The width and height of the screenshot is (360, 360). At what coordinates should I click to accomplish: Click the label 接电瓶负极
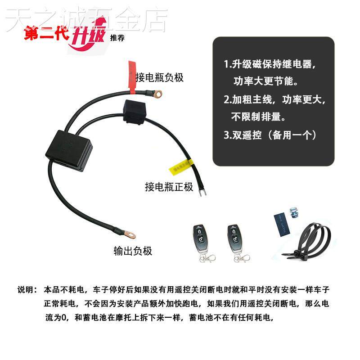coord(160,77)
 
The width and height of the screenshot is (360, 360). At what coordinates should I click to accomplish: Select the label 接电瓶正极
coord(169,187)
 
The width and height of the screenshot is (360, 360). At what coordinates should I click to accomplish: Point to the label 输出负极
coord(133,251)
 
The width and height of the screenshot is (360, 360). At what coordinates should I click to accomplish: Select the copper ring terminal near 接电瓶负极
coord(157,94)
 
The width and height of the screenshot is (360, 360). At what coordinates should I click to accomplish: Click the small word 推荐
coord(117,38)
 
